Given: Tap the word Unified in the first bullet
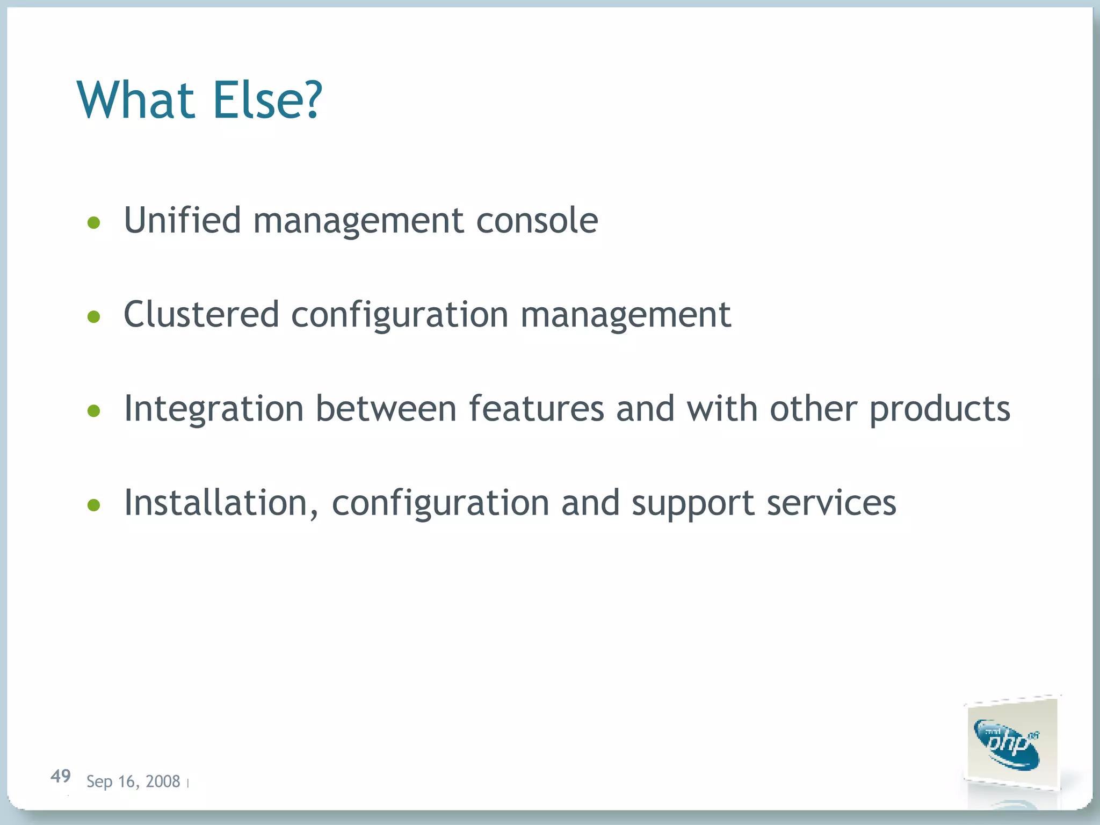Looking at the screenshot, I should [x=182, y=220].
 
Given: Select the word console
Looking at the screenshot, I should [x=537, y=221].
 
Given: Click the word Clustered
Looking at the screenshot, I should [x=201, y=315].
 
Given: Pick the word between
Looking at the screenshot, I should [x=386, y=409].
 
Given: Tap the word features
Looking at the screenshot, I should [x=536, y=409].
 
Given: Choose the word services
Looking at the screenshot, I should [x=831, y=504].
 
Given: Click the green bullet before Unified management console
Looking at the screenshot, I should [x=94, y=223].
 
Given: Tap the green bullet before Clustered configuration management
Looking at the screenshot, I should [x=94, y=317].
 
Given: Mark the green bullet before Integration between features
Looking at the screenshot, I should [x=94, y=411].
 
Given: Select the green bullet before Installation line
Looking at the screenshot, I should [x=94, y=505].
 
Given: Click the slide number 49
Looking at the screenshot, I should [x=61, y=776].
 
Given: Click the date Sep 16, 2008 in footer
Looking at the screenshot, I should [x=133, y=781].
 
